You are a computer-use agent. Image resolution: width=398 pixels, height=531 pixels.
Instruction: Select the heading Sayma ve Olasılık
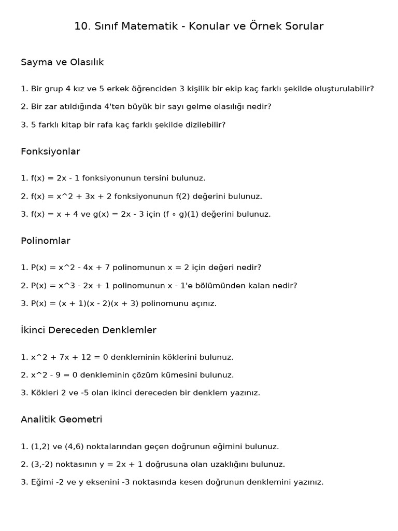62,62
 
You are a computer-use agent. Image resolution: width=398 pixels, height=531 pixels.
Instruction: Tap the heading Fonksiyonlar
50,151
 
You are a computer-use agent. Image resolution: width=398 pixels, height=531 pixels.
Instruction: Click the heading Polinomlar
46,241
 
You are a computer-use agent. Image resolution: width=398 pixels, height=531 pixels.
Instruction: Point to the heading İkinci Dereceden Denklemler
89,330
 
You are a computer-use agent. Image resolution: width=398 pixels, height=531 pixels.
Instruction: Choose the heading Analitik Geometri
62,420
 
